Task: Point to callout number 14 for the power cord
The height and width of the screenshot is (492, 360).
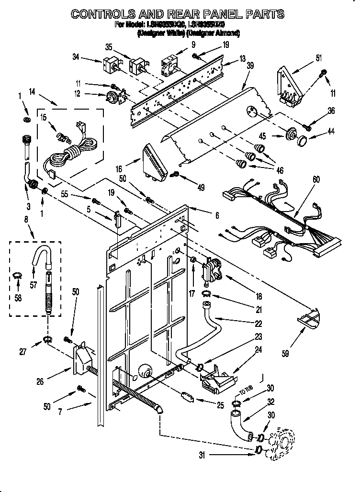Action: (x=32, y=91)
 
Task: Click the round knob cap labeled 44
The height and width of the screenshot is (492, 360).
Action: (x=302, y=142)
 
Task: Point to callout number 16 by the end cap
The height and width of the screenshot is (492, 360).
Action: (x=119, y=168)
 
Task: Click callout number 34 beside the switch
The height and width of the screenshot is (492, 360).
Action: (x=75, y=58)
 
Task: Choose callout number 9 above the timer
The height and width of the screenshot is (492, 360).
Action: (x=193, y=45)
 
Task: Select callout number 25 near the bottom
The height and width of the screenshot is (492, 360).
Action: (x=220, y=405)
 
